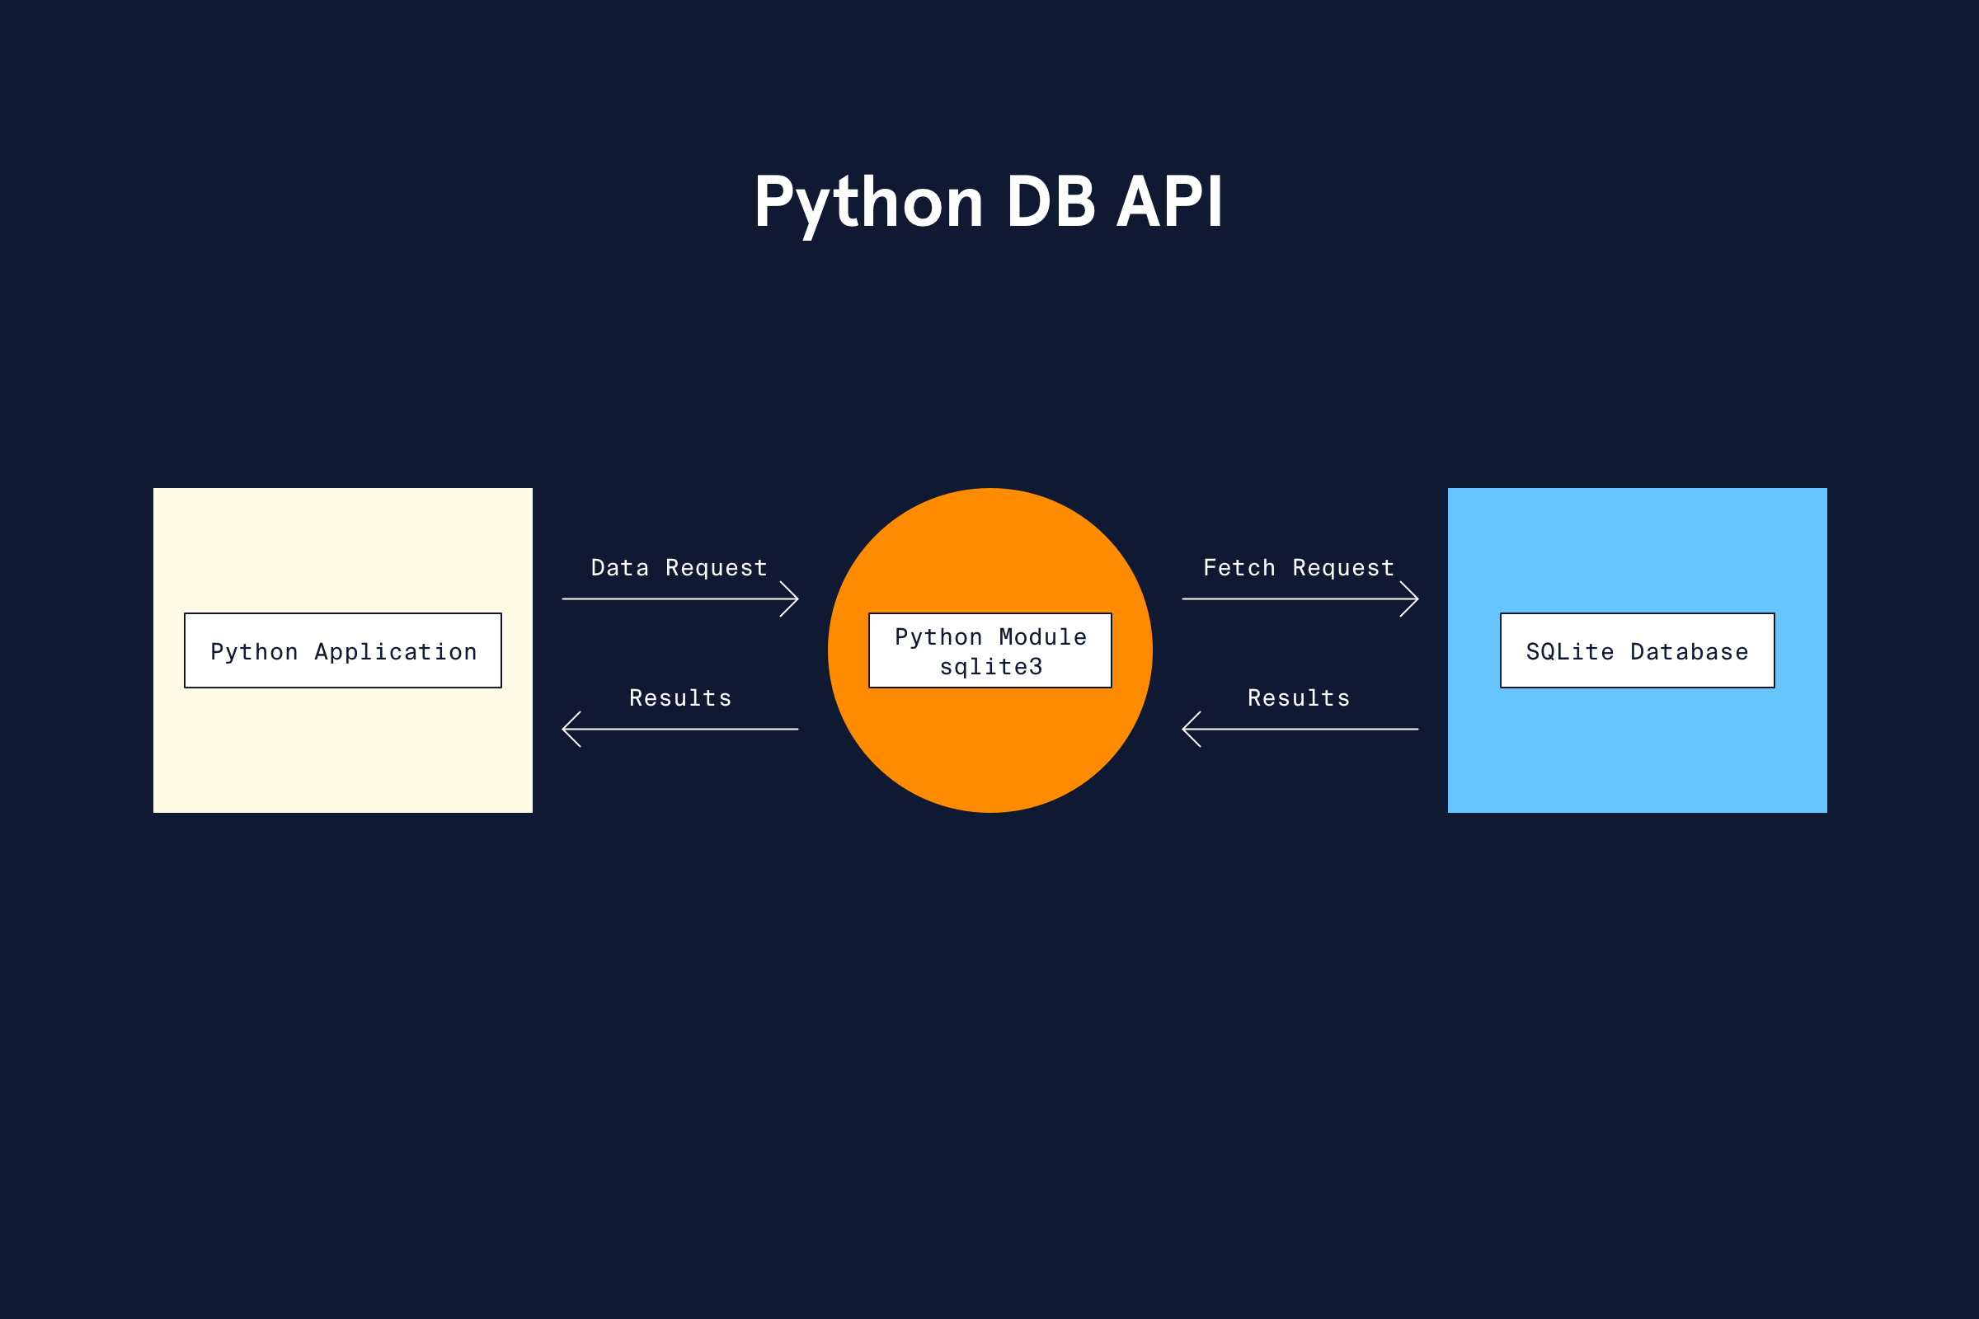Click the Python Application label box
(343, 650)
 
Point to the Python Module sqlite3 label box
(990, 650)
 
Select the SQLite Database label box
(1638, 650)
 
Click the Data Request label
(679, 569)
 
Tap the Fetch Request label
(1298, 569)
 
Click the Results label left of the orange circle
(679, 698)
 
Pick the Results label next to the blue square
(1298, 698)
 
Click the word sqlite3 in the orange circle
(991, 667)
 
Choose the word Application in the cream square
(396, 652)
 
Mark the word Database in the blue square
(1690, 652)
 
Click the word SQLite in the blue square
(1570, 652)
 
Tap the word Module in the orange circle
(1043, 637)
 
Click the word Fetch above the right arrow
(1239, 568)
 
